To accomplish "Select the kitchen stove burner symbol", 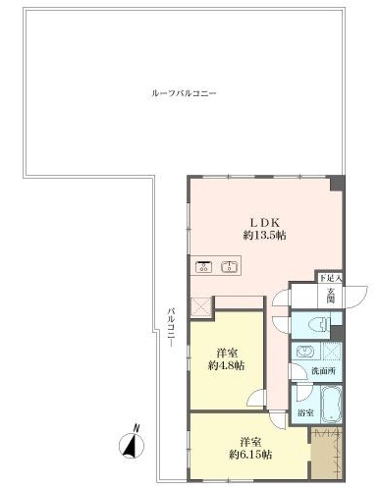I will coord(206,265).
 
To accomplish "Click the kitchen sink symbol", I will coord(230,265).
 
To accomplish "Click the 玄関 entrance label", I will coord(332,295).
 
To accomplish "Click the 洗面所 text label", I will coord(323,371).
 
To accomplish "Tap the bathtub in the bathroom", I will coord(321,404).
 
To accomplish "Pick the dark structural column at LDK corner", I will coord(338,184).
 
